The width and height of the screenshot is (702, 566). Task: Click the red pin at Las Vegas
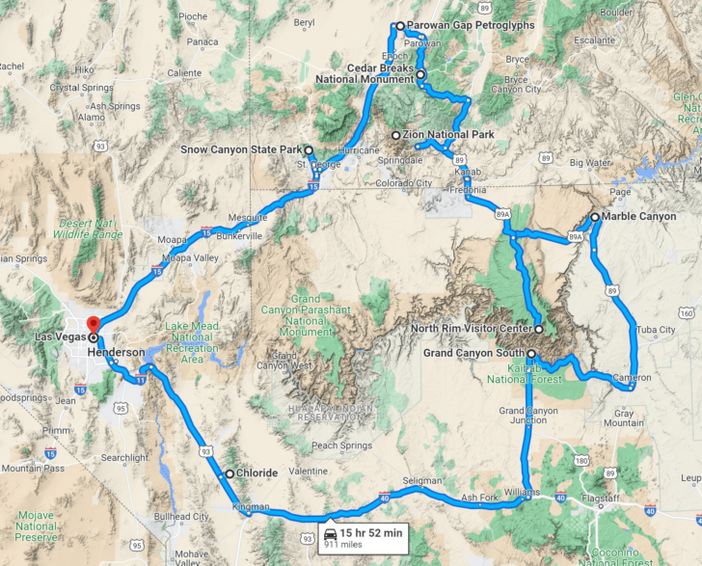93,325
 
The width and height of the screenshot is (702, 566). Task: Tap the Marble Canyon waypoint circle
595,218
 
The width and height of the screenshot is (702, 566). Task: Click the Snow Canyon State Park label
241,150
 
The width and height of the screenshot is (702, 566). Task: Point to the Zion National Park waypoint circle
395,135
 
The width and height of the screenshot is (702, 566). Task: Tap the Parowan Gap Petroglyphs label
470,26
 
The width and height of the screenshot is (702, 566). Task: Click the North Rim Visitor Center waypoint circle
539,329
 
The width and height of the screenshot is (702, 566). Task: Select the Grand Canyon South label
473,354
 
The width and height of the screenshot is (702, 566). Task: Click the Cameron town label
633,377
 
